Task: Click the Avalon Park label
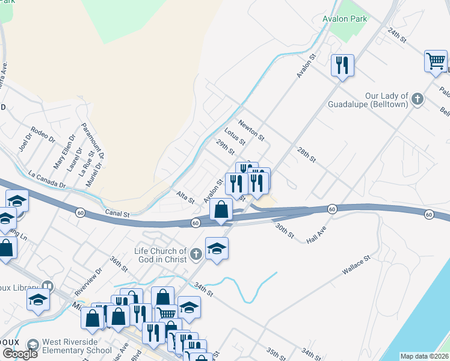345,19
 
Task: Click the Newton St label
251,129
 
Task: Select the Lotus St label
235,137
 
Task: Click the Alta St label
185,196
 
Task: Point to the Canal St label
117,214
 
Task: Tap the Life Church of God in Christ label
160,255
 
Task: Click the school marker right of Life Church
217,247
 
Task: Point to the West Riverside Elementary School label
73,347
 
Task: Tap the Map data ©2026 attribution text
424,356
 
